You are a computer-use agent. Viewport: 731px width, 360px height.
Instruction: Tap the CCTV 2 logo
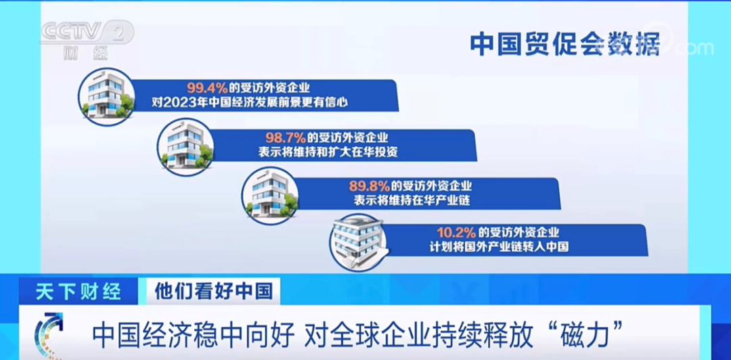[x=87, y=32]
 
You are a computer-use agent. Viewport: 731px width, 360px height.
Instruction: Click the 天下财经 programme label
[x=79, y=292]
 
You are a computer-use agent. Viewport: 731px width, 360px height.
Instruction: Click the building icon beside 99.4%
[x=106, y=97]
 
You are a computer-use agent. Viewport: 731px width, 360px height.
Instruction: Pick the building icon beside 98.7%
[x=185, y=147]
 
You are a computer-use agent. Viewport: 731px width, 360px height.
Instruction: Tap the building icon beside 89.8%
[x=270, y=196]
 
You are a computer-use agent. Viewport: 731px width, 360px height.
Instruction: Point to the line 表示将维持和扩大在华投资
[x=328, y=152]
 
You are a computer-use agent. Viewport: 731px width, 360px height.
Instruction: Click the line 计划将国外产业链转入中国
[x=499, y=247]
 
